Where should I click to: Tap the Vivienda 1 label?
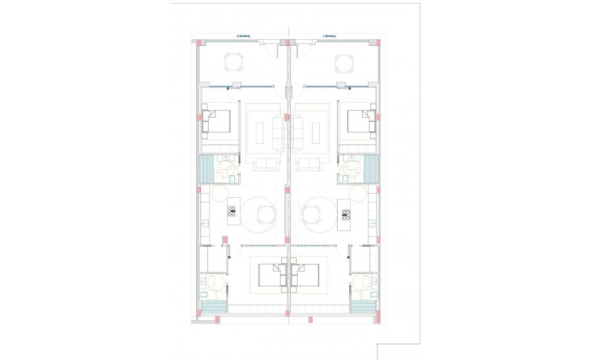pyautogui.click(x=329, y=36)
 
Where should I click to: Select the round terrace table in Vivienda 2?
pyautogui.click(x=234, y=61)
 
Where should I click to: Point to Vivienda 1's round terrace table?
pyautogui.click(x=344, y=61)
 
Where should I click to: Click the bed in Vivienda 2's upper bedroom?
pyautogui.click(x=217, y=121)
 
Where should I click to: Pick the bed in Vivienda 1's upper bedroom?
pyautogui.click(x=361, y=121)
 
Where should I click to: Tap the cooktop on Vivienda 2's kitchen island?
pyautogui.click(x=232, y=211)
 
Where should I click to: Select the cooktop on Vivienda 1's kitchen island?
pyautogui.click(x=345, y=211)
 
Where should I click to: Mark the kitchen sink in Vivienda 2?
pyautogui.click(x=205, y=223)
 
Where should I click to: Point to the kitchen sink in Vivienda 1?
pyautogui.click(x=373, y=223)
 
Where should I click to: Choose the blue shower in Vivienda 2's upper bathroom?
pyautogui.click(x=206, y=168)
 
